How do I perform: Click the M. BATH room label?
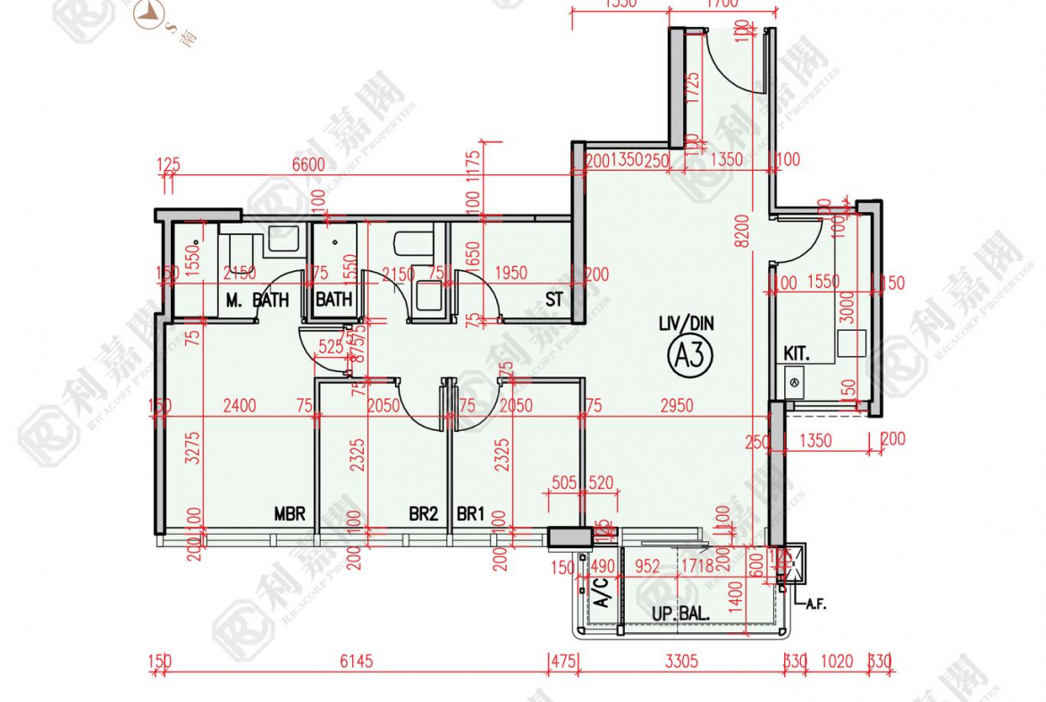257,300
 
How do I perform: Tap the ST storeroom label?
554,300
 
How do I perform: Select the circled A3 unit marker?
692,356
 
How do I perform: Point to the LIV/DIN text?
687,325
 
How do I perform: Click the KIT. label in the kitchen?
797,354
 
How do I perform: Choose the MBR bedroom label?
290,514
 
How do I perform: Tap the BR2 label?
423,514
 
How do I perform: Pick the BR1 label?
470,514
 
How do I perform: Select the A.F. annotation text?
815,604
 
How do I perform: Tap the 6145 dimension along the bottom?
356,662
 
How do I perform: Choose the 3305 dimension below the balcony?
681,662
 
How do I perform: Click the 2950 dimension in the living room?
677,406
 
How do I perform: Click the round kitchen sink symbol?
793,382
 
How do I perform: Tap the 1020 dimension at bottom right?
838,662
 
